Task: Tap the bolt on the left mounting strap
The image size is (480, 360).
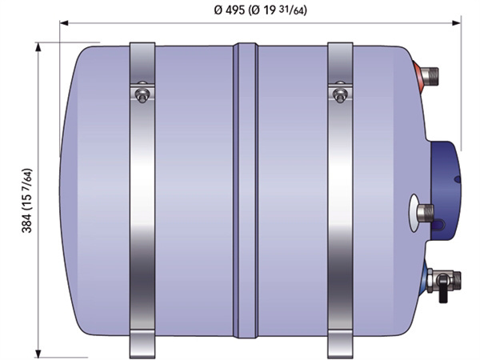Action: click(x=142, y=94)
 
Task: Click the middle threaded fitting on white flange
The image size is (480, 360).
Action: click(x=425, y=211)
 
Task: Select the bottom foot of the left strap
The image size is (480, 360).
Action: click(x=142, y=345)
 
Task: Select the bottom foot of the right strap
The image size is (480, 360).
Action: click(x=340, y=345)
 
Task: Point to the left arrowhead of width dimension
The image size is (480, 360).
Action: click(x=64, y=23)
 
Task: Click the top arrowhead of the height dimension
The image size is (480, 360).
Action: click(x=38, y=46)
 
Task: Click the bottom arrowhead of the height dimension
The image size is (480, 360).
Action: click(x=38, y=353)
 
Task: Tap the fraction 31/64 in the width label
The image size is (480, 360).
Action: click(x=297, y=11)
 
